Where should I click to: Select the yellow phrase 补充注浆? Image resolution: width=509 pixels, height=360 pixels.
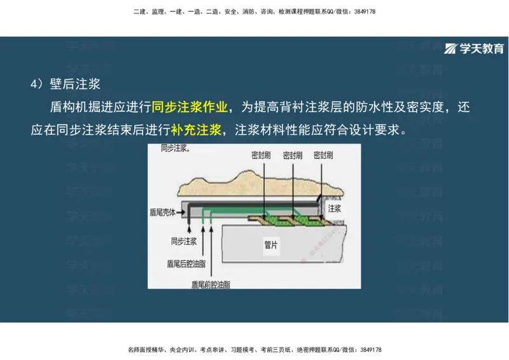[196, 130]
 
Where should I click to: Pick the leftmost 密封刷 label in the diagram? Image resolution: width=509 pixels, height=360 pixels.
[261, 155]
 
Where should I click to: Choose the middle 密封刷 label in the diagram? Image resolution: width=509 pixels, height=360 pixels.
[292, 155]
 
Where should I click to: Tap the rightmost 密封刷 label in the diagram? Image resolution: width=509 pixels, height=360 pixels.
[323, 155]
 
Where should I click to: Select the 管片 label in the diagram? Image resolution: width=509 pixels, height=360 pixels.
[271, 244]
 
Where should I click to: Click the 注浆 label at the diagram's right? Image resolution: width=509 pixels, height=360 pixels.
[335, 208]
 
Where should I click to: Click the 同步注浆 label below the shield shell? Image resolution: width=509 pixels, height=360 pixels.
[183, 241]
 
